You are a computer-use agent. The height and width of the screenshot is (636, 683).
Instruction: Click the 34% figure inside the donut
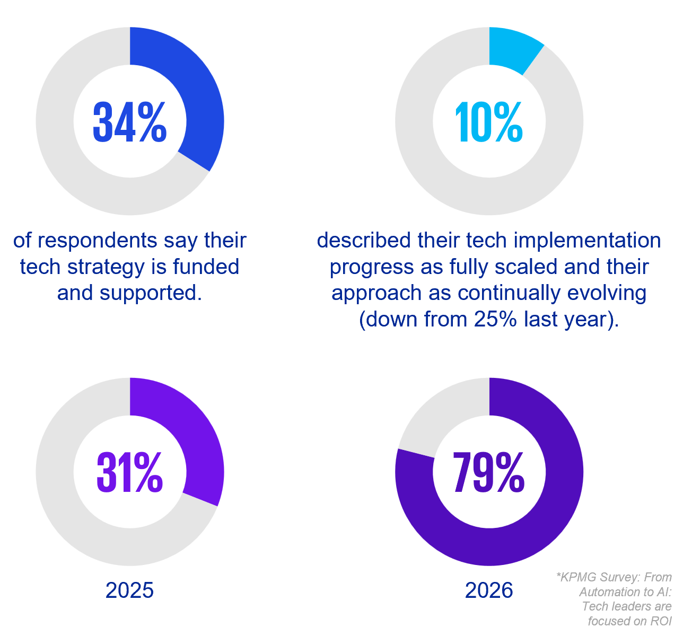coord(130,122)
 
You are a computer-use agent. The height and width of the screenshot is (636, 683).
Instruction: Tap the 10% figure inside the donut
coord(489,122)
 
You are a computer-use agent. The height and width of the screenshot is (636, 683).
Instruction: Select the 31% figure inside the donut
coord(130,473)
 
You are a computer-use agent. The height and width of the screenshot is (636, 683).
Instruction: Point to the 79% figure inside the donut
coord(489,473)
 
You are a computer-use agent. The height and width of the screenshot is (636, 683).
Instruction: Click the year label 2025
coord(130,590)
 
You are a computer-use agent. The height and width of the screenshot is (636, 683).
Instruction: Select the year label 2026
coord(489,590)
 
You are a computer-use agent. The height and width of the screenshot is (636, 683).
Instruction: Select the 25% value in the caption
coord(497,319)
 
